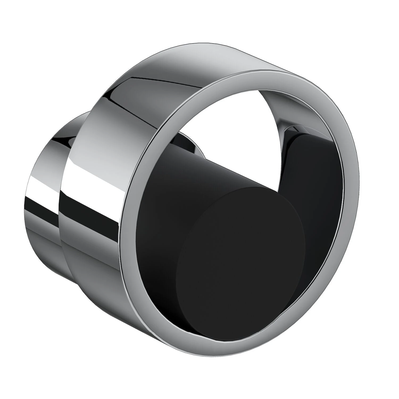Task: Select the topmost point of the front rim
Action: pyautogui.click(x=266, y=70)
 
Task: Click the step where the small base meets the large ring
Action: pyautogui.click(x=60, y=213)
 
